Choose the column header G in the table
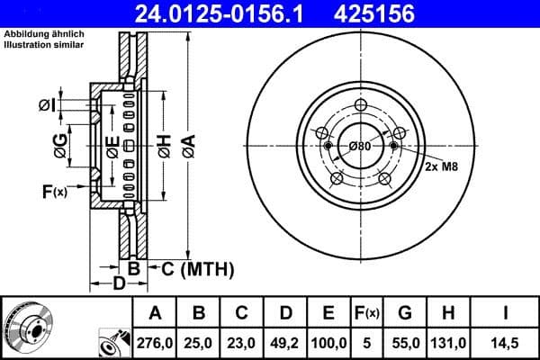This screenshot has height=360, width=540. coord(405,313)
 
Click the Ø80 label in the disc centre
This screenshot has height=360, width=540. coord(360,146)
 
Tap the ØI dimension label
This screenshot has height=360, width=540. coord(47,106)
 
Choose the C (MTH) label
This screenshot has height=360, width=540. coord(196,268)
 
